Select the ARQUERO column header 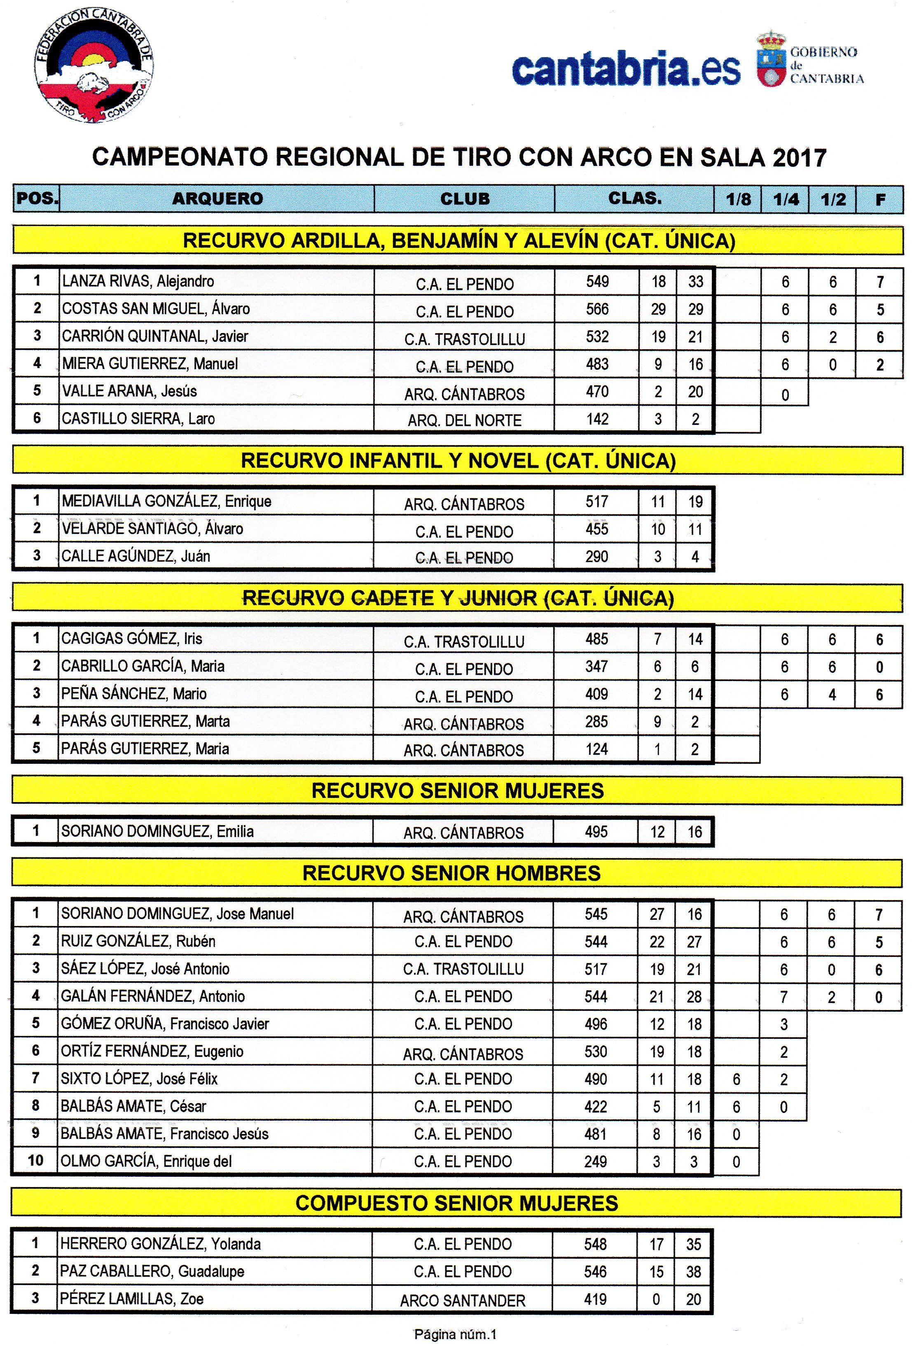[217, 198]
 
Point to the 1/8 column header [738, 199]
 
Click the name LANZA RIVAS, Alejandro [138, 282]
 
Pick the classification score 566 [597, 309]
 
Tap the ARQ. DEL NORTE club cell [464, 420]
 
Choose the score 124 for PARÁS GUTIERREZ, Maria [596, 749]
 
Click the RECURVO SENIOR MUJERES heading [457, 791]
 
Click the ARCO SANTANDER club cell [462, 1300]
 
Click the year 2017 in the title [798, 158]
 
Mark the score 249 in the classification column [595, 1161]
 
